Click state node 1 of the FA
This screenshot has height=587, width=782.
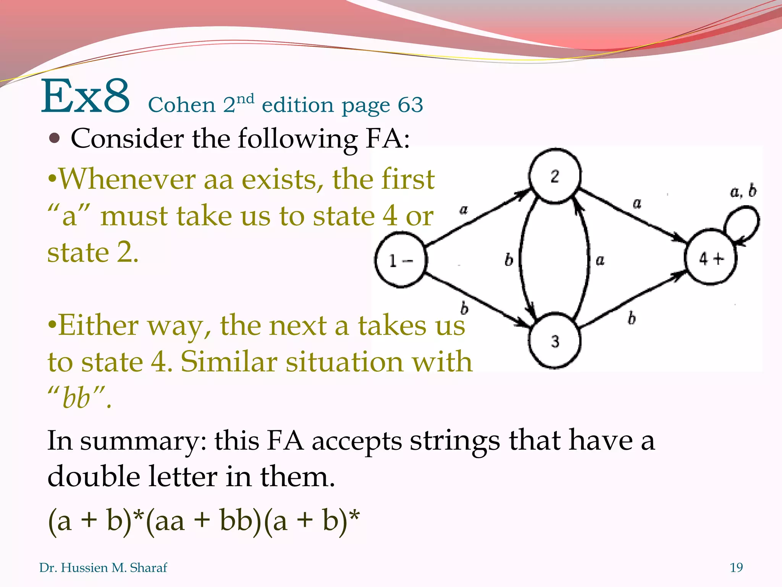click(x=400, y=260)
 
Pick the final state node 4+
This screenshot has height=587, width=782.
click(x=711, y=258)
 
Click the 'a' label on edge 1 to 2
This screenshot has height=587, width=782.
click(x=464, y=210)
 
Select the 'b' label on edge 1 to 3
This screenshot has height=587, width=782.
click(x=464, y=308)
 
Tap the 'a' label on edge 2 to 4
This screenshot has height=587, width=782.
click(x=637, y=203)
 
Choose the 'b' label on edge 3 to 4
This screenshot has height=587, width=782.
click(x=632, y=318)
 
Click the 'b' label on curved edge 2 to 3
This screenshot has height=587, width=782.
click(x=509, y=260)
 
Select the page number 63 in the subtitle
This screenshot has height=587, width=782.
click(x=410, y=105)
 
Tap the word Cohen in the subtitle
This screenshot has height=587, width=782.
click(x=181, y=105)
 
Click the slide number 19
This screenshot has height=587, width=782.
click(x=736, y=568)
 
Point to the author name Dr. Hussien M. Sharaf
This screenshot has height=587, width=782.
click(x=103, y=568)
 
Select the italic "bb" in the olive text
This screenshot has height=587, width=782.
click(x=76, y=397)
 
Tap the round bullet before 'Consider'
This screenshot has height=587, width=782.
click(x=55, y=138)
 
